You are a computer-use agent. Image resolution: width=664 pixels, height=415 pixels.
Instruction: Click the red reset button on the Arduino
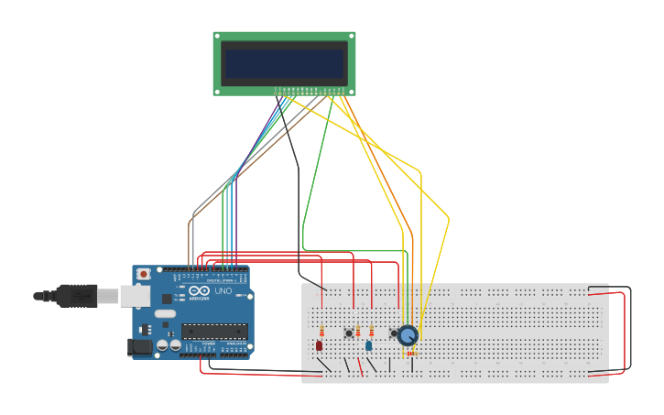click(x=144, y=274)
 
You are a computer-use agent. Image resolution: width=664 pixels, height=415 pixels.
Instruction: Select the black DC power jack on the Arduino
click(x=138, y=347)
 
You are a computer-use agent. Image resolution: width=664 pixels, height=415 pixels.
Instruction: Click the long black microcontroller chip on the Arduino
click(x=214, y=332)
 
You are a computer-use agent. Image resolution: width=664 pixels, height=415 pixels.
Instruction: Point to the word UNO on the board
click(x=223, y=291)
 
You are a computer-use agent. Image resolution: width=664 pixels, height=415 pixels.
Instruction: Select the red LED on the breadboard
click(x=319, y=345)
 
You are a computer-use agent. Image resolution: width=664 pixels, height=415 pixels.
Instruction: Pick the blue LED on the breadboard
click(x=368, y=345)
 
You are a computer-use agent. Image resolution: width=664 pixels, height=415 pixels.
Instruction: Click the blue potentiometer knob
click(x=408, y=335)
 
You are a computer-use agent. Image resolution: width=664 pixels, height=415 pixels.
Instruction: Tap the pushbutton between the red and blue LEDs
click(x=348, y=333)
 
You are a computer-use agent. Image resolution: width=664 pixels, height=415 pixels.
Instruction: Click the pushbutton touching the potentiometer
click(x=394, y=333)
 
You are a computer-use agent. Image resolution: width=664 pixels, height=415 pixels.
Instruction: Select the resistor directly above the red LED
click(x=321, y=331)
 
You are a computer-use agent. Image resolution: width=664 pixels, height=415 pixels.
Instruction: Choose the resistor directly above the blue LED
click(x=370, y=331)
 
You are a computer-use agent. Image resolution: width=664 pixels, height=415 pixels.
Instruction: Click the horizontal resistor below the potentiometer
click(x=410, y=353)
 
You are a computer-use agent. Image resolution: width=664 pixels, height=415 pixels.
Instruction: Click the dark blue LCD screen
click(x=284, y=63)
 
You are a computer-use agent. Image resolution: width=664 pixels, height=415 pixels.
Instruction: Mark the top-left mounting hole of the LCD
click(x=218, y=37)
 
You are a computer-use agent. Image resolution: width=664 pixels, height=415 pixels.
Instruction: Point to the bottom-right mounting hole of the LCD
click(x=351, y=90)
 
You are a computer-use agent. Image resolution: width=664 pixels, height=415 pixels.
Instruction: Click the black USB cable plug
click(x=73, y=295)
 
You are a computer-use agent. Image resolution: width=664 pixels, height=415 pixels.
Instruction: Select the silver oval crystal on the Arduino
click(x=165, y=313)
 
